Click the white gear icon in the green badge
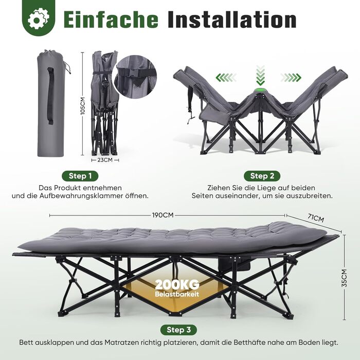[39, 19]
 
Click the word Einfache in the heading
[111, 20]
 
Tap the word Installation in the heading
[232, 20]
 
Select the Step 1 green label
[80, 176]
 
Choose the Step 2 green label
[262, 176]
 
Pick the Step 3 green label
[178, 330]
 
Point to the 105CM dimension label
[83, 105]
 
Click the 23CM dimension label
[105, 160]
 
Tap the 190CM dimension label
[163, 215]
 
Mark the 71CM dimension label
[316, 218]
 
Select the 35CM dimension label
[345, 278]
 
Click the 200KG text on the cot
[177, 285]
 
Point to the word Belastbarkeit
[177, 294]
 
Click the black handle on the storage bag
[51, 96]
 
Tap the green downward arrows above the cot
[260, 75]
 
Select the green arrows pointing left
[226, 78]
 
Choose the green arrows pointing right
[291, 78]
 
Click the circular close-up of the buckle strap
[135, 77]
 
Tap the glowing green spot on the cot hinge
[260, 90]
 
